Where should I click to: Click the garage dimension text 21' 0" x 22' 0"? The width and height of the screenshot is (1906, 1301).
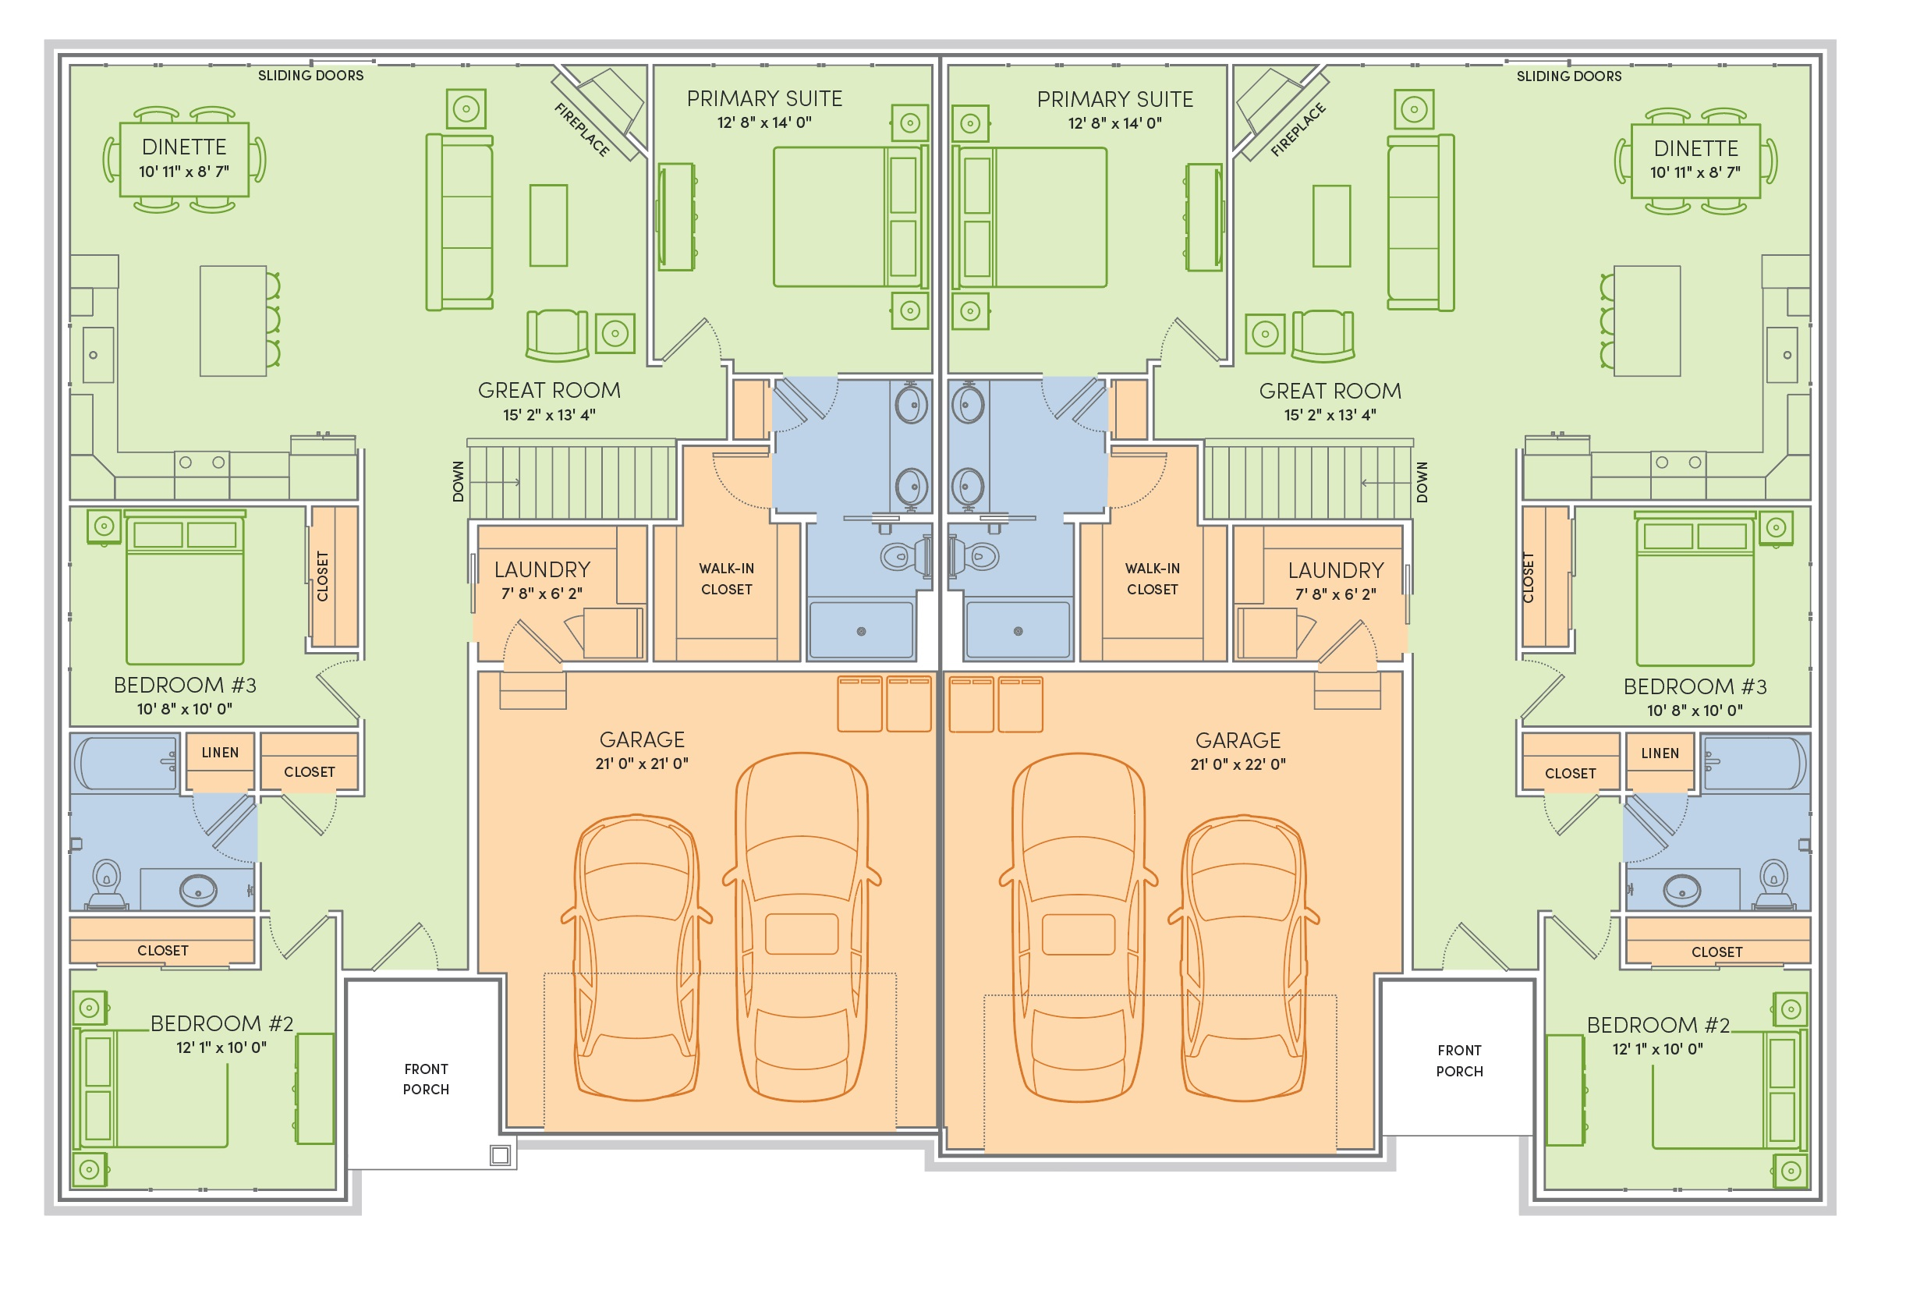[1238, 764]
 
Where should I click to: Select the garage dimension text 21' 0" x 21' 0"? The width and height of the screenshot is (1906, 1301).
[642, 763]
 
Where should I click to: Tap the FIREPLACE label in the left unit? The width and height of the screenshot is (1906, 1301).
[583, 129]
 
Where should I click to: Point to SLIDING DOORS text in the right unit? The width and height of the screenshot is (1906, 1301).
[1568, 76]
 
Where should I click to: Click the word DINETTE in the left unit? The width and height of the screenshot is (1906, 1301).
[184, 147]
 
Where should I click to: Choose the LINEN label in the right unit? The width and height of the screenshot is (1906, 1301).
[1660, 753]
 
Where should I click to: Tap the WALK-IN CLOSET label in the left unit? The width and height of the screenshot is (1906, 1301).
[727, 578]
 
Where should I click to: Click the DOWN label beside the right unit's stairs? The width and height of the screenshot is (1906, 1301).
[1422, 482]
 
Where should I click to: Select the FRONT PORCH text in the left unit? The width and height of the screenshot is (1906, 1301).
[426, 1079]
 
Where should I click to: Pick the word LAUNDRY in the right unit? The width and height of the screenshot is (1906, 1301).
[1335, 570]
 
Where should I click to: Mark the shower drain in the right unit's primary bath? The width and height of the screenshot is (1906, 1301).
[1018, 631]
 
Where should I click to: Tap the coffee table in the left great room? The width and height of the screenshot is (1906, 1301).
[549, 225]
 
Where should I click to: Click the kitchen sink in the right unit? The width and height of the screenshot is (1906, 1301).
[1781, 355]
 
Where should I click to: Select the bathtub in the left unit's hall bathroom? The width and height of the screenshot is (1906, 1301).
[126, 763]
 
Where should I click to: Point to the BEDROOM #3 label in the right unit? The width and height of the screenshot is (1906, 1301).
[1695, 686]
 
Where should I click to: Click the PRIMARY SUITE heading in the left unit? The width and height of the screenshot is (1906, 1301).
[764, 98]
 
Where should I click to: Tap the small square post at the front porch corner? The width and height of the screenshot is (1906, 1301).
[500, 1155]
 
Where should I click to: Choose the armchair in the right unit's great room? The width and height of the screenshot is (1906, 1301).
[1322, 335]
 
